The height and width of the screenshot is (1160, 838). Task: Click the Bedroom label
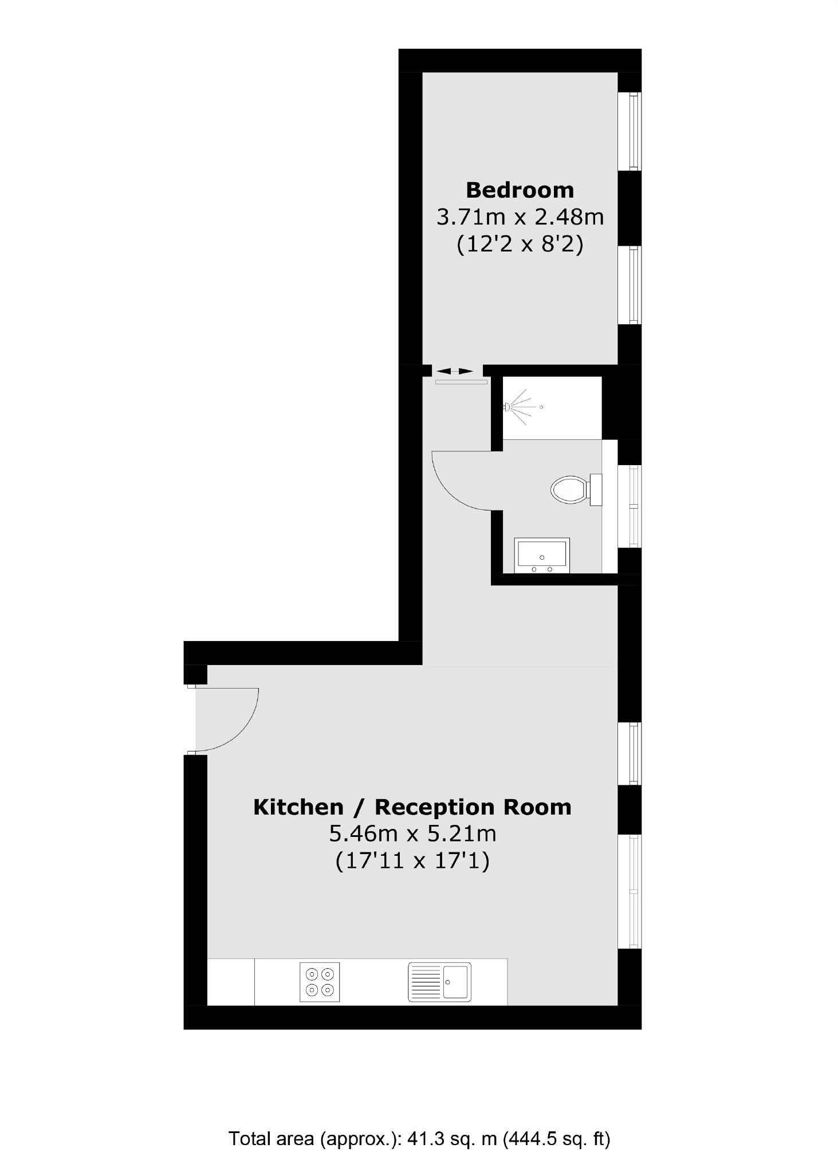(x=520, y=190)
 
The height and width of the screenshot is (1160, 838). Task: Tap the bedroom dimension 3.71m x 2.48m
(x=520, y=218)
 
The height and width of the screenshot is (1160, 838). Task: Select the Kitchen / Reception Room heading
(x=412, y=807)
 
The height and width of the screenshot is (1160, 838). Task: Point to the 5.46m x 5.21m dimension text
(x=412, y=833)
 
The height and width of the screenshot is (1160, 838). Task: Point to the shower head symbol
(x=507, y=407)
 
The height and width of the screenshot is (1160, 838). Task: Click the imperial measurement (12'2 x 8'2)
(x=520, y=245)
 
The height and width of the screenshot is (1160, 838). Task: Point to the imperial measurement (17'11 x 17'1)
(x=412, y=861)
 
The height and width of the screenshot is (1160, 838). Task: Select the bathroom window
(x=634, y=506)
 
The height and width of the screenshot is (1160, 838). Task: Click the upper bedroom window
(x=633, y=132)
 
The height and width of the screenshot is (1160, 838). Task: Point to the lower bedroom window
(x=633, y=285)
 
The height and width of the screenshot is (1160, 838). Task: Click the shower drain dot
(x=541, y=407)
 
